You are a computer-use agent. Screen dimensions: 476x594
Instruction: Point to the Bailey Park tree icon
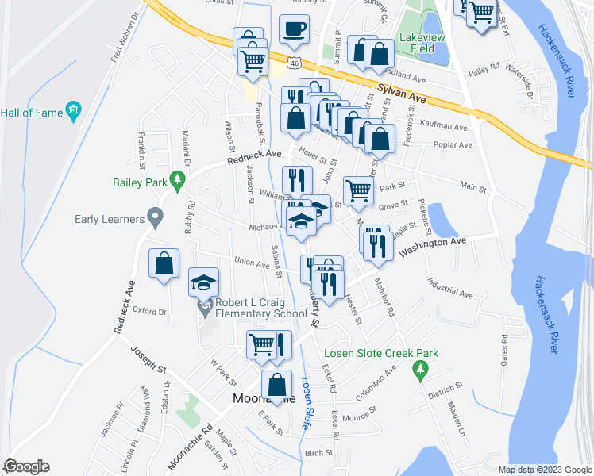pyautogui.click(x=179, y=182)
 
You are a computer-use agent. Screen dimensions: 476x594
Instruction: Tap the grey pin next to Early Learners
pyautogui.click(x=155, y=216)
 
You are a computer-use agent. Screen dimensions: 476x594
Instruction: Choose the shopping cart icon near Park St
pyautogui.click(x=358, y=190)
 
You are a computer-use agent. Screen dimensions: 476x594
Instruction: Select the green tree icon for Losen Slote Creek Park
pyautogui.click(x=421, y=369)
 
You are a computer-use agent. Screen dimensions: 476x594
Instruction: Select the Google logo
pyautogui.click(x=27, y=466)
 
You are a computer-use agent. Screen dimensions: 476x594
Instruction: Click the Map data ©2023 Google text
pyautogui.click(x=544, y=470)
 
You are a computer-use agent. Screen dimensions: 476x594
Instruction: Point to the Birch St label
pyautogui.click(x=318, y=453)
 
